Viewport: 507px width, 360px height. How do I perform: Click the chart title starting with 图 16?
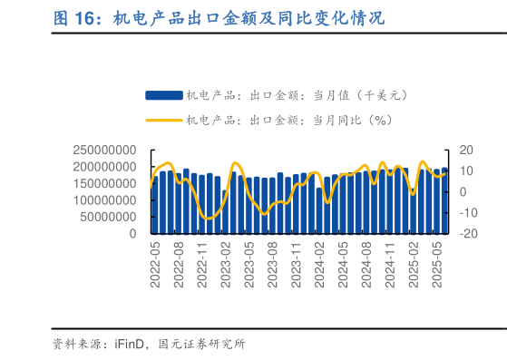coord(218,17)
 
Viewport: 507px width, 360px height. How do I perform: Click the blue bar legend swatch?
coord(163,94)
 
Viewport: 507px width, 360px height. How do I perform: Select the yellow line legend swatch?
coord(163,119)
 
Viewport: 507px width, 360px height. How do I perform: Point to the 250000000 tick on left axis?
coord(104,151)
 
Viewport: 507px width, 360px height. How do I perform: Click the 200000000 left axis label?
coord(104,167)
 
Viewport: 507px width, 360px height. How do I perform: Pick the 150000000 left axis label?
coord(104,184)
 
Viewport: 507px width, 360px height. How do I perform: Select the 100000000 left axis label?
coord(104,200)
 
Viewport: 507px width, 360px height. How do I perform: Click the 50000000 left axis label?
coord(108,217)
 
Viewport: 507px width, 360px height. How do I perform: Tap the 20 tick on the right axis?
coord(467,151)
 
